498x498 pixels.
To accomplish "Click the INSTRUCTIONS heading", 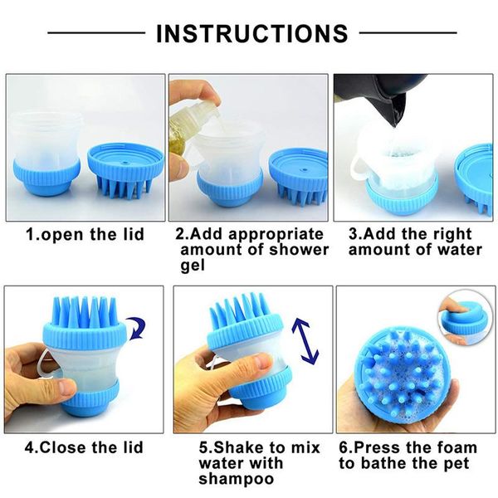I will point(251,33).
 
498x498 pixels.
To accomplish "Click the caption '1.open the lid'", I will point(84,234).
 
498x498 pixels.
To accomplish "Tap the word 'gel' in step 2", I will point(193,265).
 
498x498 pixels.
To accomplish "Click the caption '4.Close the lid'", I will point(84,447).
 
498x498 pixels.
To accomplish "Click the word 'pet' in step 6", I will point(457,462).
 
